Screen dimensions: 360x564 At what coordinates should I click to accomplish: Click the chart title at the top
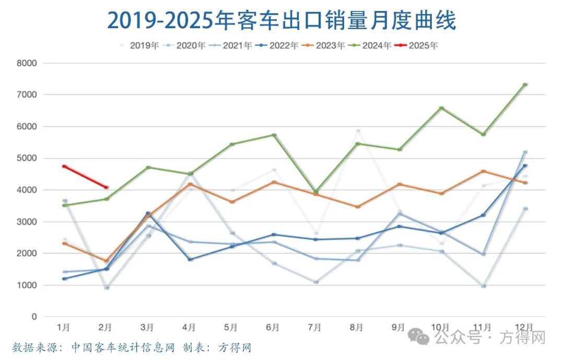(281, 20)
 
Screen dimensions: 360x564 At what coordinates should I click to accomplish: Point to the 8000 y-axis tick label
(27, 63)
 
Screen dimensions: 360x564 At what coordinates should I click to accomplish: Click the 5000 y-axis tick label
(27, 158)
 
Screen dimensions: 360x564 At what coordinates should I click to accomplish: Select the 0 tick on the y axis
(34, 317)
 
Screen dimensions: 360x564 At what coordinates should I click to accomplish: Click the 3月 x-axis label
(147, 328)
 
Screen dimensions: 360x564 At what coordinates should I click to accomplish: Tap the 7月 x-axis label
(314, 328)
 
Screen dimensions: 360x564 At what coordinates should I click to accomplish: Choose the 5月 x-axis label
(231, 328)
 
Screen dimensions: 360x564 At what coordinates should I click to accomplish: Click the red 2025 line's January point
(64, 166)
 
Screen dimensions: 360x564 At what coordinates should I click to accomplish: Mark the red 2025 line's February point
(106, 187)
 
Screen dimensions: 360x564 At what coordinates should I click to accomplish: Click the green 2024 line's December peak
(525, 85)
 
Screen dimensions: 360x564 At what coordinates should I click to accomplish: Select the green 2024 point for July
(315, 191)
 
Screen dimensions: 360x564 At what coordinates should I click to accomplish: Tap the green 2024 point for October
(441, 108)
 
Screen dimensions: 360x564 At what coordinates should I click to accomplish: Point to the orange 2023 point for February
(106, 261)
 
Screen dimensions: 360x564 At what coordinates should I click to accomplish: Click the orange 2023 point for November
(483, 171)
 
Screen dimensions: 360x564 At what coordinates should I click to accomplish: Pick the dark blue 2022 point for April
(190, 259)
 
